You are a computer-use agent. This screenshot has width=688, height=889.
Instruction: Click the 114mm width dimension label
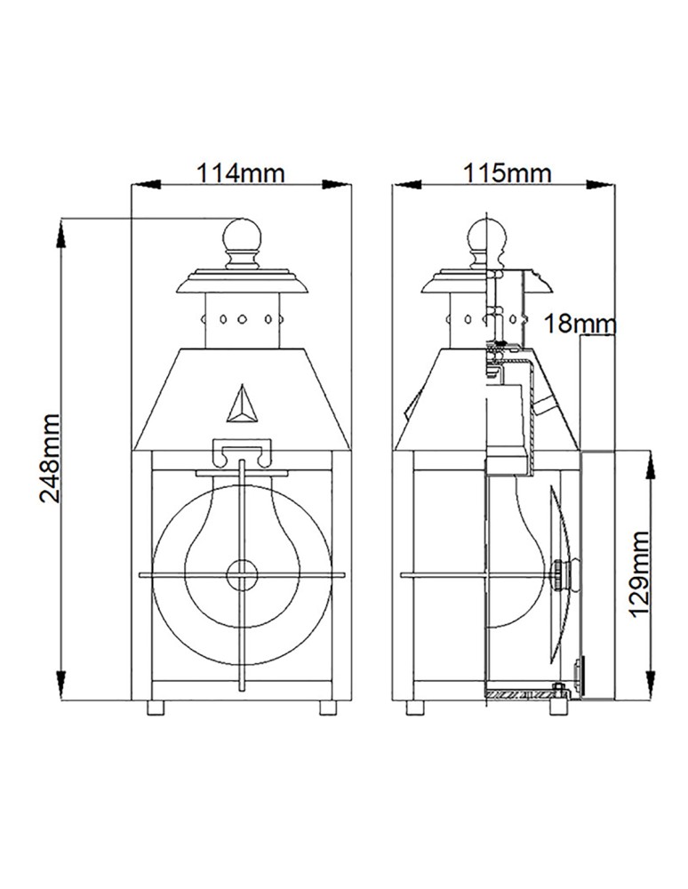[x=241, y=172]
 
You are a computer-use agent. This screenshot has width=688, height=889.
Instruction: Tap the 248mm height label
[x=51, y=457]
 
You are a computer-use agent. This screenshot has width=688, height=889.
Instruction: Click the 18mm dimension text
[x=579, y=324]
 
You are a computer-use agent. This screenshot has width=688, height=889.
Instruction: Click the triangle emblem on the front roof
[x=241, y=405]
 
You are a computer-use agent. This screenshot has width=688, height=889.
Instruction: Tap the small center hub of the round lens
[x=241, y=575]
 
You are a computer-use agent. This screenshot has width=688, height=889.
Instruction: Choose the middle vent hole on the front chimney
[x=241, y=316]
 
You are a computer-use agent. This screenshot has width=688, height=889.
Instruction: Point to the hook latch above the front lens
[x=241, y=453]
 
